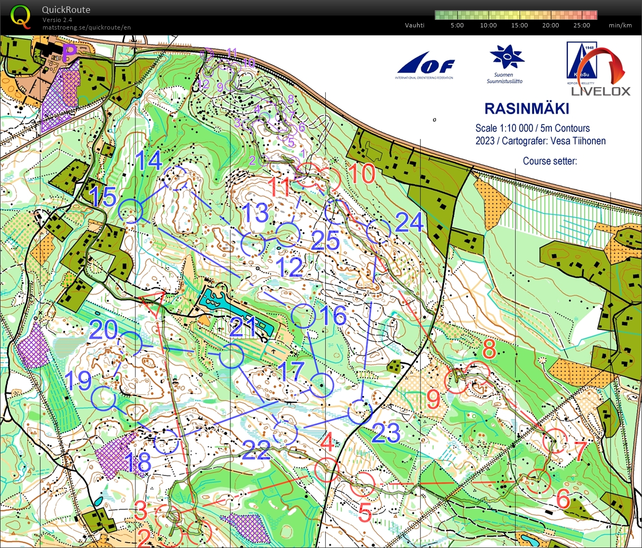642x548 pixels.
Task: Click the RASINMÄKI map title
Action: point(527,109)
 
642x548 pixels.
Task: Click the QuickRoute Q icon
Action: point(21,16)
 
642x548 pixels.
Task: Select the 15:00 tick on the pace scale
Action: point(519,25)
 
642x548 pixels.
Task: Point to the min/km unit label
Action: point(620,25)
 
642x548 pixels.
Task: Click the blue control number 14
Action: point(148,160)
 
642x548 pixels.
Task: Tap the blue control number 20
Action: point(104,329)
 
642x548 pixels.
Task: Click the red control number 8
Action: point(489,350)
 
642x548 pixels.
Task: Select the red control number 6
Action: point(563,499)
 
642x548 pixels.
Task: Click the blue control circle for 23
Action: point(360,412)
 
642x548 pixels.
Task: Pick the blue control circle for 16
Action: point(303,315)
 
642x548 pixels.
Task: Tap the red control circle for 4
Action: point(326,471)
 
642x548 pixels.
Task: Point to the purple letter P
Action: point(69,53)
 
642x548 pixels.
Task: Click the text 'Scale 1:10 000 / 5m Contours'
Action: point(532,128)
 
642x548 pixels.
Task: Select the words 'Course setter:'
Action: point(550,161)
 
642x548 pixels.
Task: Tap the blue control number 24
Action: point(410,222)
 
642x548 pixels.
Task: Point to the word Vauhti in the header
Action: point(414,25)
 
